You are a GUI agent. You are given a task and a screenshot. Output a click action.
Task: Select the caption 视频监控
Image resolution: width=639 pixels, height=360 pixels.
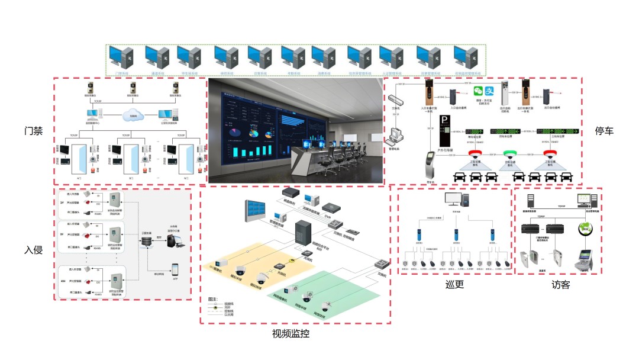pos(291,334)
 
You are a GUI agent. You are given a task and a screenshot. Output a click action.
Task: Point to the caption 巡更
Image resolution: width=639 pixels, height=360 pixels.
pos(454,285)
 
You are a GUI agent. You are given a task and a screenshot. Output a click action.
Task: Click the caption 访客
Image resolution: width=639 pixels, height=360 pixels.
pos(560,285)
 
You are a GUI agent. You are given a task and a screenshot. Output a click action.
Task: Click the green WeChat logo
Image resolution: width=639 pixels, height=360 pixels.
pos(478,92)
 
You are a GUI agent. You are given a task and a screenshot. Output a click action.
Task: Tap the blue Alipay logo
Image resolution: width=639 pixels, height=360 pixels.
pos(489,91)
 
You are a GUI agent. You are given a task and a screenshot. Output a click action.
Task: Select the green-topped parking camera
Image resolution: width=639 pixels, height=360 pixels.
pos(510,155)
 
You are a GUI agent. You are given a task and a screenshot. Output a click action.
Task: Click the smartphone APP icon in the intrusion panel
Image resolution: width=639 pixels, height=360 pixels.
pos(175,268)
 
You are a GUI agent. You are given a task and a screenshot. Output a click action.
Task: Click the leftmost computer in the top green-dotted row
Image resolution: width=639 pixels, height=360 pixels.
pos(122,57)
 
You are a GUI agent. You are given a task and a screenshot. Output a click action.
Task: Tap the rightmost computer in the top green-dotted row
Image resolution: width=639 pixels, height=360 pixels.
pos(466,57)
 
